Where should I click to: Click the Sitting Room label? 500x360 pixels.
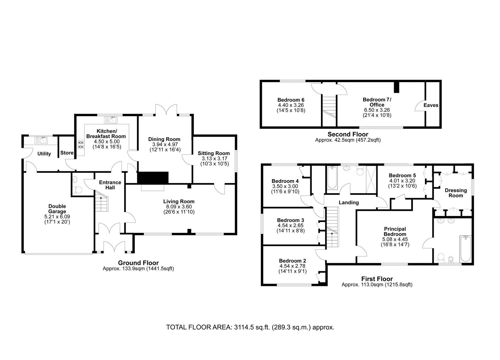coord(214,153)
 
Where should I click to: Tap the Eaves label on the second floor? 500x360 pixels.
coord(431,105)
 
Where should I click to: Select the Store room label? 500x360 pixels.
coord(67,153)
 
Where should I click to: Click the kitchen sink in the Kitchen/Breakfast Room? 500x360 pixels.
coord(111,120)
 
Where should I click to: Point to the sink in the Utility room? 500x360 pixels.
coord(41,140)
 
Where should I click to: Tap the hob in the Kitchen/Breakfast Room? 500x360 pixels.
coord(81,144)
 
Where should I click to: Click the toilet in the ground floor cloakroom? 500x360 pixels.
coord(78,190)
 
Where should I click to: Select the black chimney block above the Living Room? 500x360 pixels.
coord(153,178)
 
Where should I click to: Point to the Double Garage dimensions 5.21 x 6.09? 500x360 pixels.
coord(57,217)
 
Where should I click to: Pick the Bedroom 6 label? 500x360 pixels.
coord(291,100)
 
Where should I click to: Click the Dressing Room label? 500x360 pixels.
coord(456,193)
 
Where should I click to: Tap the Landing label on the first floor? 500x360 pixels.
coord(349,202)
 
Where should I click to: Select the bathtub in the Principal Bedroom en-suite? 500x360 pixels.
coord(465,249)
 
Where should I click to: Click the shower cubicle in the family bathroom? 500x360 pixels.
coord(372,179)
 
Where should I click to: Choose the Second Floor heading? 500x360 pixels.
coord(348,134)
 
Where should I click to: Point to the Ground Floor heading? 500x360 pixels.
coord(138,263)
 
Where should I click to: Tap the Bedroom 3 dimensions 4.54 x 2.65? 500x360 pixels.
coord(290,225)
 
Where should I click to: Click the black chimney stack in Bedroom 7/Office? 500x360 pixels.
coord(396,87)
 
